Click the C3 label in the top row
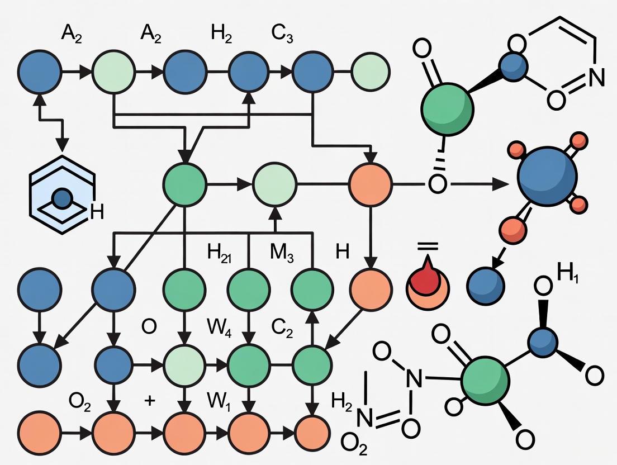[283, 35]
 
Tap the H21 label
[220, 253]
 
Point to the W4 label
[219, 326]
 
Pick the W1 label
[219, 400]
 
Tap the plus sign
[149, 401]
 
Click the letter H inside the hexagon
[96, 211]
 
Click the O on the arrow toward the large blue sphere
[437, 184]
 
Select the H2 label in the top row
[221, 35]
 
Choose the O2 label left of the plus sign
[79, 401]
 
